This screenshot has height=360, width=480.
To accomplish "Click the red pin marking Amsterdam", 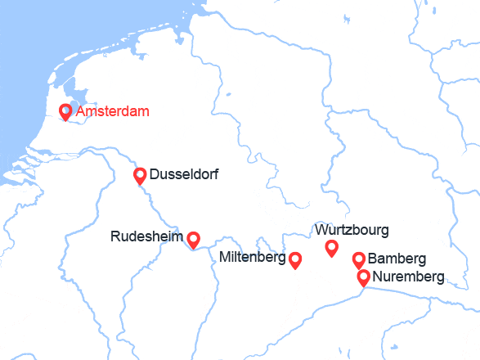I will coord(65,111).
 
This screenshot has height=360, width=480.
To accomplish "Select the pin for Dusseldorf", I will coord(140,174).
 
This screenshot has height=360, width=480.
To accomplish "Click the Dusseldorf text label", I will coord(184,174).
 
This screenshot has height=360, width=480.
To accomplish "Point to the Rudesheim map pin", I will coord(194,238).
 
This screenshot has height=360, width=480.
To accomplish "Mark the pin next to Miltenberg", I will coord(295,259).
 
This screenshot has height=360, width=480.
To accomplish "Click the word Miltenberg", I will coord(252,259).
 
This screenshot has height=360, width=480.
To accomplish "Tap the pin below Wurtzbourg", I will coord(331,247).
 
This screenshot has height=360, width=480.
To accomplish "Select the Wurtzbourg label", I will coord(351,230).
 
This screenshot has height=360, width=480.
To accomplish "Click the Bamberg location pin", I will coord(358,259).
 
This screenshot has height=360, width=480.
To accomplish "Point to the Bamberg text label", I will coord(397,259).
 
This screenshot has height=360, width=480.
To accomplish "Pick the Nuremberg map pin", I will coord(364,277).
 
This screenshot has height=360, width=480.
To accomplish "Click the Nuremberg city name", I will coord(408,277).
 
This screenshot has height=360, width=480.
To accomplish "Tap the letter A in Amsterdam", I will coord(79,111).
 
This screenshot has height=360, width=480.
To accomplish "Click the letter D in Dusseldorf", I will coord(155,174).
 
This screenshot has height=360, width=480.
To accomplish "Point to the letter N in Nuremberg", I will coord(377,277).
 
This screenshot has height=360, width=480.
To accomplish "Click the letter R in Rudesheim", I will coord(115,237).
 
